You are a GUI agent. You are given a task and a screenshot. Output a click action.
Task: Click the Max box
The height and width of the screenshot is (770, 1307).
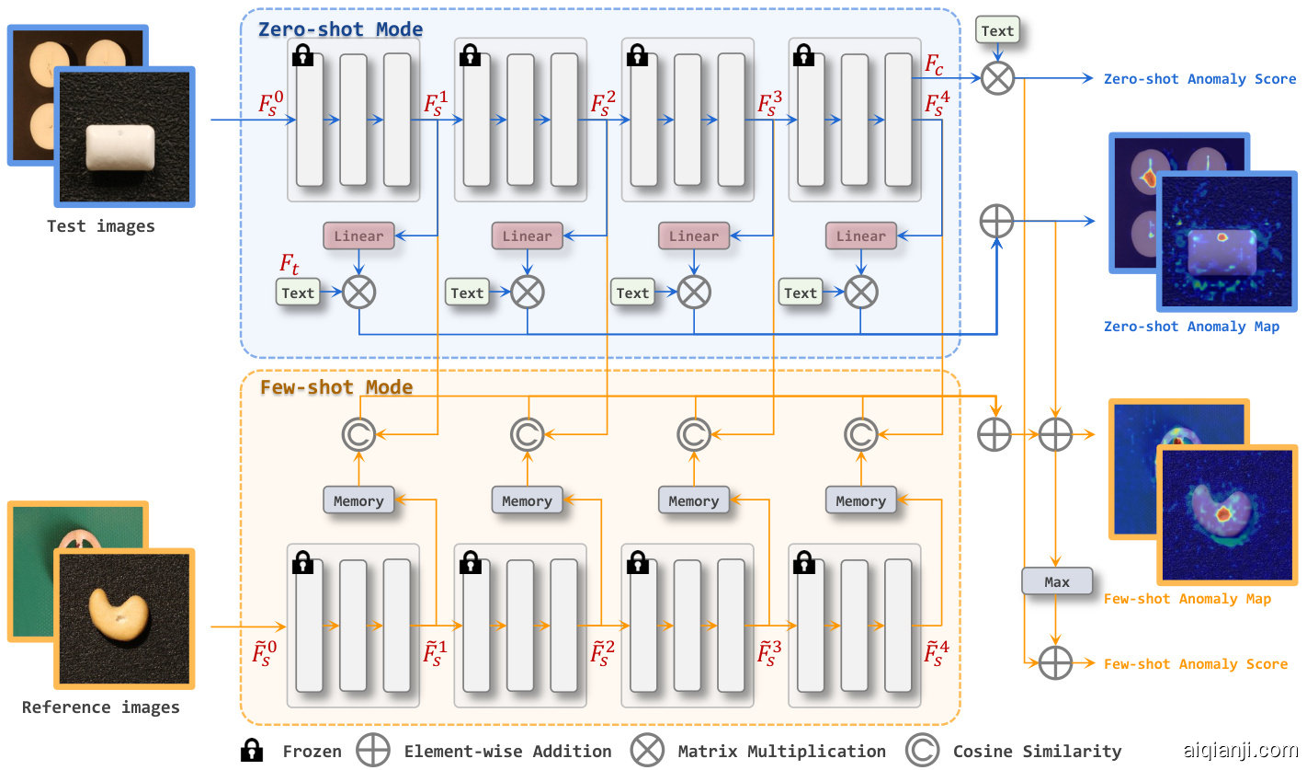point(1057,581)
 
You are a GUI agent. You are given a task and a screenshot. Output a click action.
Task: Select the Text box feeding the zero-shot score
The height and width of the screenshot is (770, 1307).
point(997,30)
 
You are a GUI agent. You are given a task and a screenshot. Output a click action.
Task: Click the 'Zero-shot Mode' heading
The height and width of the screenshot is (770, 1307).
point(340,29)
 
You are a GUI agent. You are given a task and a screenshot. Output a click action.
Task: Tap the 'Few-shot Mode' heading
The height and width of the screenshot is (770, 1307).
point(336,387)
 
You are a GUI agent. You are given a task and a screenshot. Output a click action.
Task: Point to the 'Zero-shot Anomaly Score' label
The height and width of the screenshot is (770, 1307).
point(1199,79)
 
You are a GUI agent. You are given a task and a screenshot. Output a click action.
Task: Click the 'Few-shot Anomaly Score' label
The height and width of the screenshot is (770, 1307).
point(1195,664)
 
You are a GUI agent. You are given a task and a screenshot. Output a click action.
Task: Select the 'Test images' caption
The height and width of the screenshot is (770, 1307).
point(101,226)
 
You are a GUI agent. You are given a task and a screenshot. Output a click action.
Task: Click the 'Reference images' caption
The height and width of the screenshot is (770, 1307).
point(101,707)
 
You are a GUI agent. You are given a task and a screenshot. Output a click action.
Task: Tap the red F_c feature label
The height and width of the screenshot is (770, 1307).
point(934,66)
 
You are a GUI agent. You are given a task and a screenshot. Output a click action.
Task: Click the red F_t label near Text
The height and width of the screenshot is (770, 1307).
point(290,265)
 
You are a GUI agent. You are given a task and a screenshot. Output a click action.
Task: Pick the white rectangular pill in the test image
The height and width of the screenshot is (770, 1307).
point(124,149)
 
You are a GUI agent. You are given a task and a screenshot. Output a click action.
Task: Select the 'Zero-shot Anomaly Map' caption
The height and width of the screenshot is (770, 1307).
point(1191,327)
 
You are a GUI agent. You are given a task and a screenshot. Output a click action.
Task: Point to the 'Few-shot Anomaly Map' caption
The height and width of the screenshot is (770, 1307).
point(1187,599)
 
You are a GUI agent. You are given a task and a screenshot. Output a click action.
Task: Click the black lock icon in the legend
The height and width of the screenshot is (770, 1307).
point(250,751)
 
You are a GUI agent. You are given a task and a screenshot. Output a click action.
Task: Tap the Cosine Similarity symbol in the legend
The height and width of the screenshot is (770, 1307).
point(922,751)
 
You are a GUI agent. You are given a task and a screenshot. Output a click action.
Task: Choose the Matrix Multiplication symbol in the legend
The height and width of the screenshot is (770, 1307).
point(647,751)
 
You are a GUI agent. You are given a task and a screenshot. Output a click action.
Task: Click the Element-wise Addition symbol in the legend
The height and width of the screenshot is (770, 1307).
point(373,751)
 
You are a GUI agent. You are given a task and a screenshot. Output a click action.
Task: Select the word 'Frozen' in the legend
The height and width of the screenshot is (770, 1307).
point(312,752)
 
